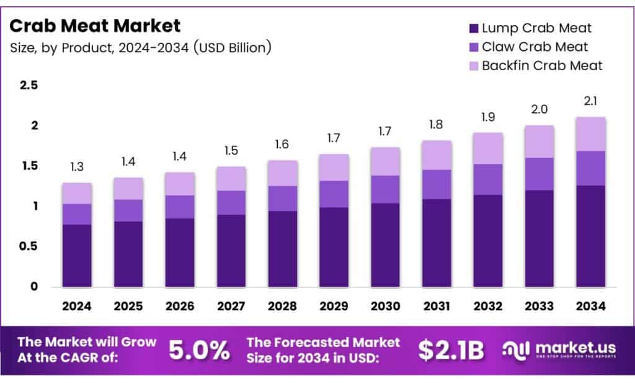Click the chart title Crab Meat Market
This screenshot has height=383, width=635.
click(95, 26)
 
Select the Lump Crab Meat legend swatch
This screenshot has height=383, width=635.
click(474, 28)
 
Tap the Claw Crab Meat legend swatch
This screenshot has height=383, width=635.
click(474, 47)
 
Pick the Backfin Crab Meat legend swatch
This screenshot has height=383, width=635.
click(474, 66)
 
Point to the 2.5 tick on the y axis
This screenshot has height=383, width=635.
click(29, 86)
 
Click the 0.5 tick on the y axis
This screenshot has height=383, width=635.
click(29, 246)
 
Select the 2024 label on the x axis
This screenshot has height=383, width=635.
click(77, 306)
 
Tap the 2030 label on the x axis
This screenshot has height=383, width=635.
click(385, 306)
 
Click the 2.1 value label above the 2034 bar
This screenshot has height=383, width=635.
click(590, 101)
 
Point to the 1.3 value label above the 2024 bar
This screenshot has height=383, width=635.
click(77, 168)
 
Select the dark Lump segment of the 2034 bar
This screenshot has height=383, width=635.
click(590, 236)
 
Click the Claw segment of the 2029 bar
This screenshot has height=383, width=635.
click(334, 194)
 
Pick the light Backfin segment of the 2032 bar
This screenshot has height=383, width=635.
click(488, 148)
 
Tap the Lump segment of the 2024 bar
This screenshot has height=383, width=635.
click(77, 256)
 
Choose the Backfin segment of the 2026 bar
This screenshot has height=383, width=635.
click(180, 184)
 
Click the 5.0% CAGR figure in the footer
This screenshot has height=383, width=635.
click(199, 351)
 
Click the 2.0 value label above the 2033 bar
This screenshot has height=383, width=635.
click(538, 109)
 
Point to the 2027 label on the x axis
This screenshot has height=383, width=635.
click(231, 306)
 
